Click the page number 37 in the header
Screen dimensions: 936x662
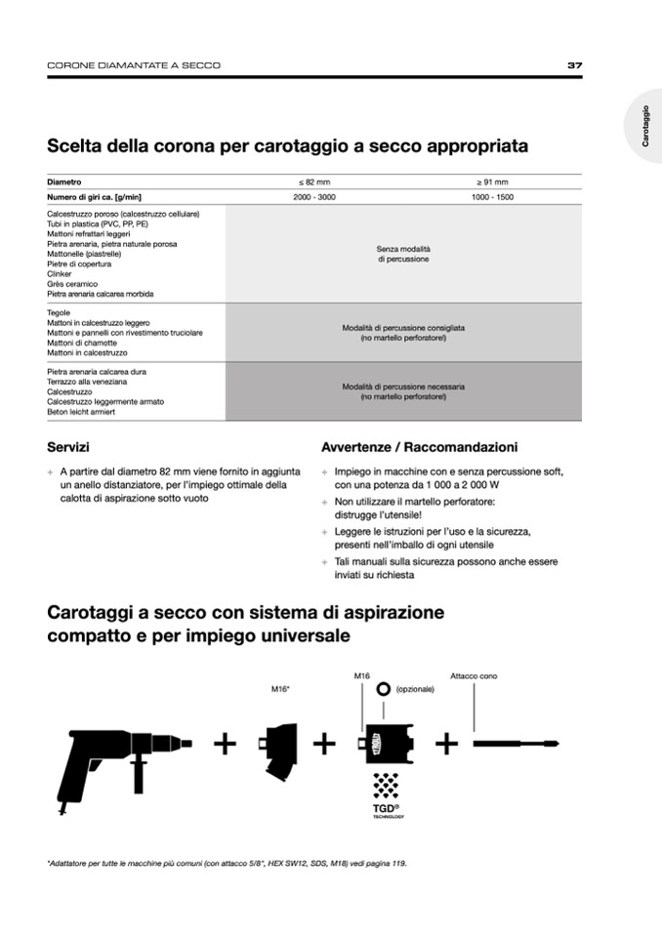point(574,65)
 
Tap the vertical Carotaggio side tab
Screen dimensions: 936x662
point(645,126)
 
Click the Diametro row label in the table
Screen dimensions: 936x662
point(64,183)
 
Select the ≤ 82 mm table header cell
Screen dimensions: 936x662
point(313,183)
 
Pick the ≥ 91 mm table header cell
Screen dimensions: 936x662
point(492,183)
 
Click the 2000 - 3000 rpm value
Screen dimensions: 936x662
point(313,197)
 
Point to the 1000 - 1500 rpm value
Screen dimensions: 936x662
point(492,197)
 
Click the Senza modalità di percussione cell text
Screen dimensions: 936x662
point(403,255)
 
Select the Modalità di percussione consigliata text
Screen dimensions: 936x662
point(403,333)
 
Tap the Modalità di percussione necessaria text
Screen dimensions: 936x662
point(403,392)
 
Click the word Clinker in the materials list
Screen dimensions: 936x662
point(60,274)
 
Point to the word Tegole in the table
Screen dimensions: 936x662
point(59,313)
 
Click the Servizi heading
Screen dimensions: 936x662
point(68,447)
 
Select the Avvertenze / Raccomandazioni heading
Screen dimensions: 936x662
point(419,447)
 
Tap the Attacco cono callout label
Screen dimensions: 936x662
point(474,675)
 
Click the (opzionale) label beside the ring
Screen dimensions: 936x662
point(415,689)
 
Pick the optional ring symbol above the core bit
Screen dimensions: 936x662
point(384,689)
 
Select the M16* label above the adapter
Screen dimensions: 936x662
point(281,689)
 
